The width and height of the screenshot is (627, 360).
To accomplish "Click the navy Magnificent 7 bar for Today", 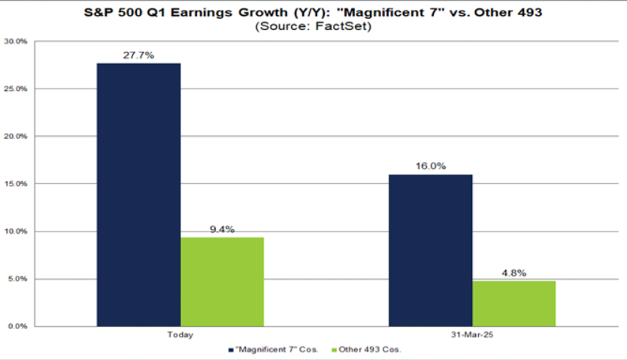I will coord(138,195).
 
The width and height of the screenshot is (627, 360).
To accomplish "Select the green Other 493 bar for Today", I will coord(222,282).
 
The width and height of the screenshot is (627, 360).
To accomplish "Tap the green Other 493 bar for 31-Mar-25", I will coord(513,304).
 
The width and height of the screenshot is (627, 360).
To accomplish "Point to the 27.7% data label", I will coord(138,55).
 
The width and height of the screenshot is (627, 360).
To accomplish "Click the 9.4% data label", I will coord(222,229).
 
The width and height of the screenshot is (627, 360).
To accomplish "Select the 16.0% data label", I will coord(430,167).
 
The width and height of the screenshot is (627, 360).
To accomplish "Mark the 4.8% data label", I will coord(513,274).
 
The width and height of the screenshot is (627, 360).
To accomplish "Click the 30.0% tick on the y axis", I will coord(16,41).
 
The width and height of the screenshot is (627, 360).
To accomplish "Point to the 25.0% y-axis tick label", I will coord(16,89).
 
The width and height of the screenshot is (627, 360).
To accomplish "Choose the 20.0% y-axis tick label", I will coord(16,137).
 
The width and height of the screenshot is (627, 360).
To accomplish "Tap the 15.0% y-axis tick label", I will coord(16,184).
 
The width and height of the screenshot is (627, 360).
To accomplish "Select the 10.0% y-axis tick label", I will coord(16,231).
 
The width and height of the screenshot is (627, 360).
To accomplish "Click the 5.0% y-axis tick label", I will coord(17,279).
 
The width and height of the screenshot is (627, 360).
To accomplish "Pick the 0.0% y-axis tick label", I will coord(17,326).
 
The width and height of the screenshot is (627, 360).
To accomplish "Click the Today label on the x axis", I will coord(180,334).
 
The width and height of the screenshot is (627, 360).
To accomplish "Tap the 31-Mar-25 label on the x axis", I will coord(472,334).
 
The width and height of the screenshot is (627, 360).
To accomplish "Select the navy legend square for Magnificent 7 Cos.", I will coord(229,350).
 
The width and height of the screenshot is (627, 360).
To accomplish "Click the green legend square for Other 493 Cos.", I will coord(335,350).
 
